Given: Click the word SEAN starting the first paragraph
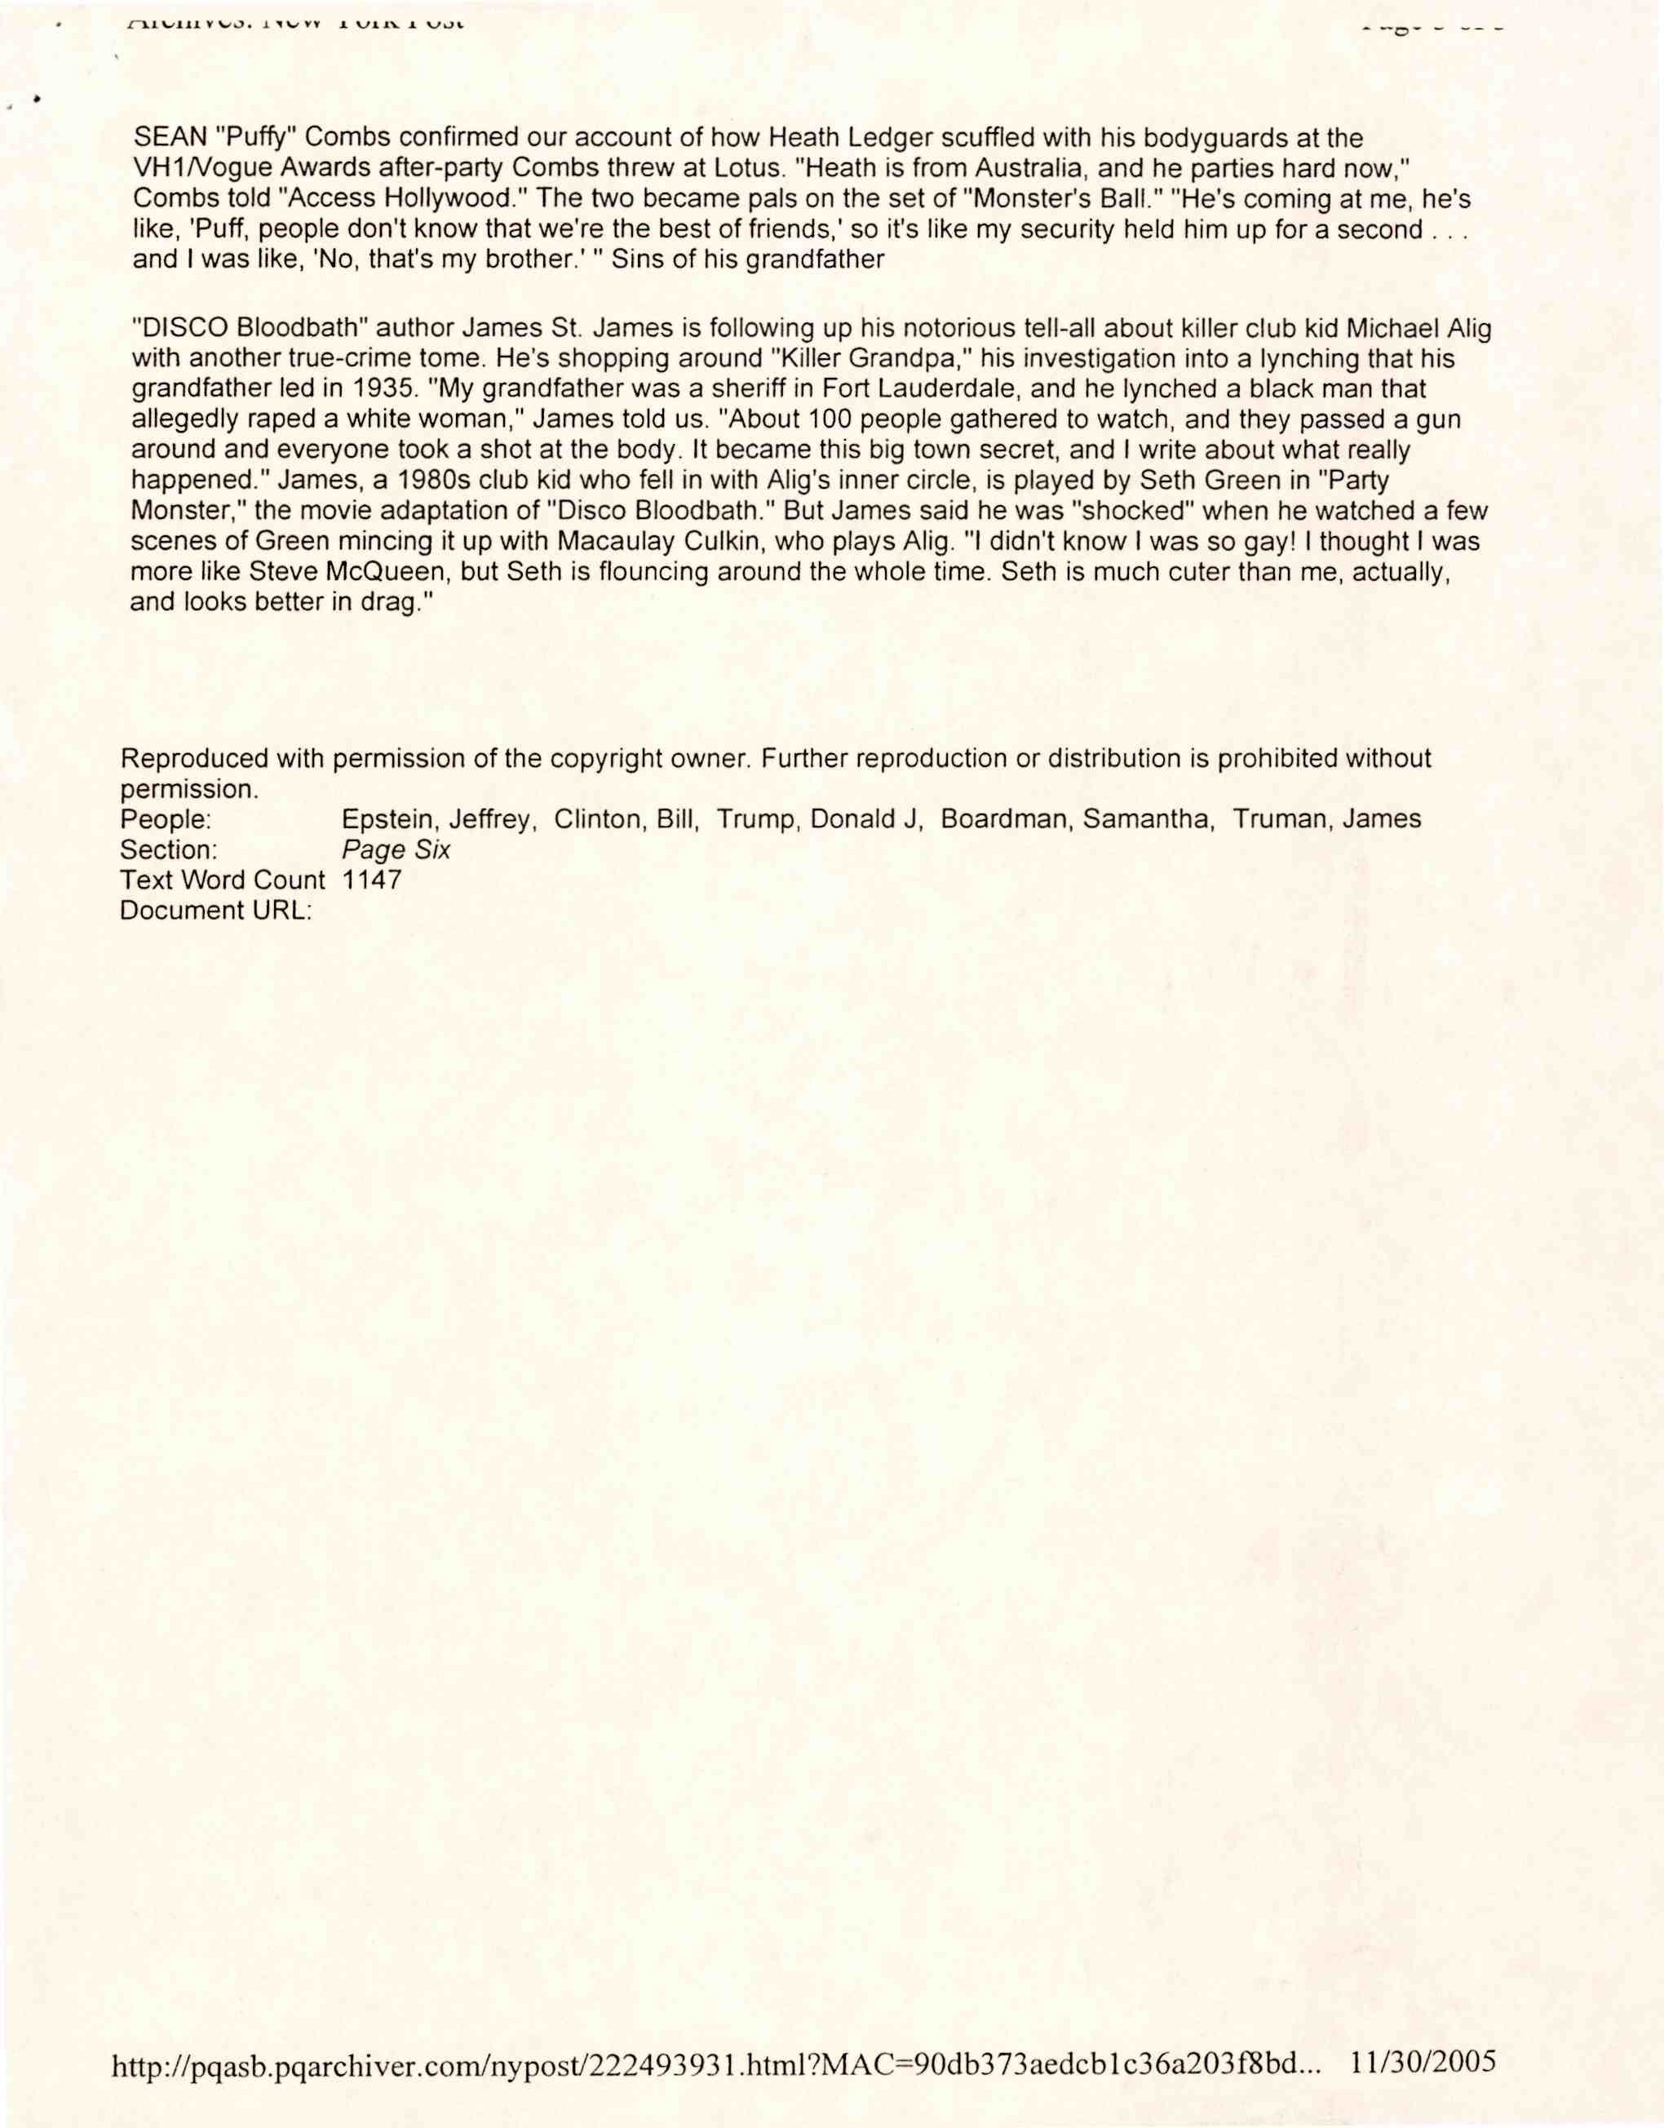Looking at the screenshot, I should [x=169, y=139].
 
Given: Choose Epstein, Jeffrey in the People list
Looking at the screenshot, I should [x=438, y=819].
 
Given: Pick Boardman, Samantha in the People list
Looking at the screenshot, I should [x=1078, y=819].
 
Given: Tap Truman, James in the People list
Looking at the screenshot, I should [x=1327, y=819].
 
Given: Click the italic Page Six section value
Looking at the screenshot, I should [x=396, y=849].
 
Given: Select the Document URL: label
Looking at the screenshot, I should [x=215, y=911].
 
